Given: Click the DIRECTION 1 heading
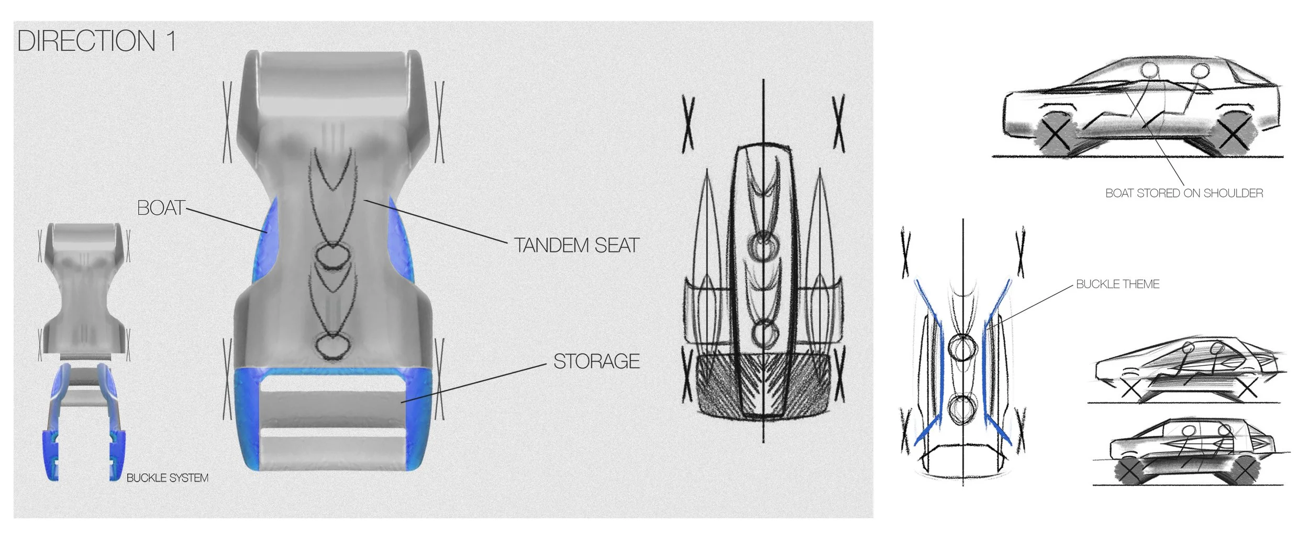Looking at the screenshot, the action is pos(96,41).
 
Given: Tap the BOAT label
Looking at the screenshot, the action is pos(161,208).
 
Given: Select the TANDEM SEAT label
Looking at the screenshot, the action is pos(576,245).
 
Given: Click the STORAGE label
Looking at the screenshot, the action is pos(596,361).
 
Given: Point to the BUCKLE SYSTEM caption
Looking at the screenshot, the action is pos(168,478).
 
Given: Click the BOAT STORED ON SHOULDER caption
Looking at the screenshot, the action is pos(1184,193).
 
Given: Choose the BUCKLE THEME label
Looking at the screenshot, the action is pos(1117,284).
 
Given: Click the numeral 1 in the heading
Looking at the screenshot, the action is pos(171,41).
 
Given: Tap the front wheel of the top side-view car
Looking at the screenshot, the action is pos(1055,134).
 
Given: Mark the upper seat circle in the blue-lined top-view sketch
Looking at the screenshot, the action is pos(962,347).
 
